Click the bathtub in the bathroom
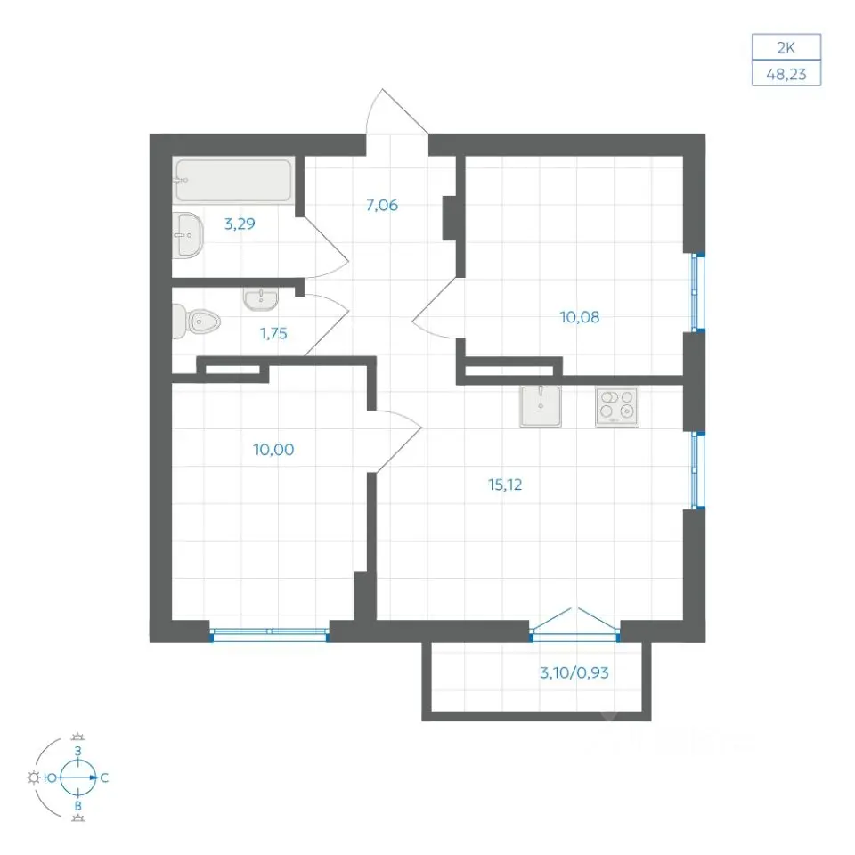pos(234,180)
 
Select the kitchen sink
pos(541,406)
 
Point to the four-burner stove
pos(616,406)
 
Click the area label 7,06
pos(382,205)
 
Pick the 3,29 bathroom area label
pos(240,224)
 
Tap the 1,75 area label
pos(273,333)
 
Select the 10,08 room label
pos(580,317)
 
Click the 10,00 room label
pos(273,449)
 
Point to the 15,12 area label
pos(505,484)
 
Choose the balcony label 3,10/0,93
pos(574,672)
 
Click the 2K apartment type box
pos(786,47)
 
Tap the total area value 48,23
pos(786,74)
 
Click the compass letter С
pos(104,778)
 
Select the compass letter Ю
pos(50,778)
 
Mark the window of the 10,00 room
pos(270,632)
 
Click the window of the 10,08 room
pos(696,292)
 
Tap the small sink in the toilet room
pos(261,299)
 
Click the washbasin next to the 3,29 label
pos(188,235)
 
